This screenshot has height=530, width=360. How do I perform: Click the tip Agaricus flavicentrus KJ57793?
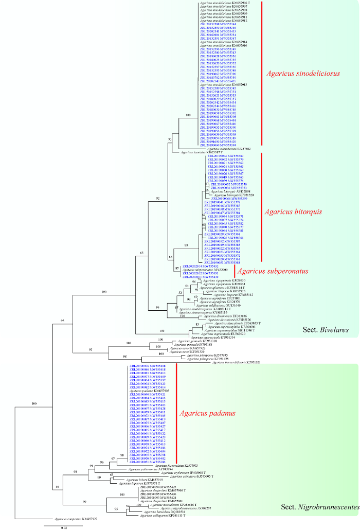pos(169,466)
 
